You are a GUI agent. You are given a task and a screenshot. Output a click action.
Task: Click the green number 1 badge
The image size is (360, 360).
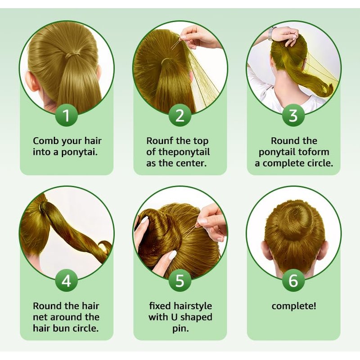(66, 115)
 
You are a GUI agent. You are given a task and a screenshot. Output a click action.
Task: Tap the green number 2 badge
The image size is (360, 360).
(180, 115)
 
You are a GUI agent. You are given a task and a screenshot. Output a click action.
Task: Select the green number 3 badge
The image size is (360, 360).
(293, 115)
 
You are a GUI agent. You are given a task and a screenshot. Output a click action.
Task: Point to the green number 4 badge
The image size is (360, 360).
(66, 280)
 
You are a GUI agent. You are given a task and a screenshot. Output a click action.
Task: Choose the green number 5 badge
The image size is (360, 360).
(180, 280)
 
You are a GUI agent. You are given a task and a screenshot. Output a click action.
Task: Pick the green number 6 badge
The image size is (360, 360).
(293, 280)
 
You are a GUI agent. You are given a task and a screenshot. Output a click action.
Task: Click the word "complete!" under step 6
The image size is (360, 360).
(294, 306)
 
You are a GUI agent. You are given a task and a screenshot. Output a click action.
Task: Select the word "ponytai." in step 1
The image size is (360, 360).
(79, 153)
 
